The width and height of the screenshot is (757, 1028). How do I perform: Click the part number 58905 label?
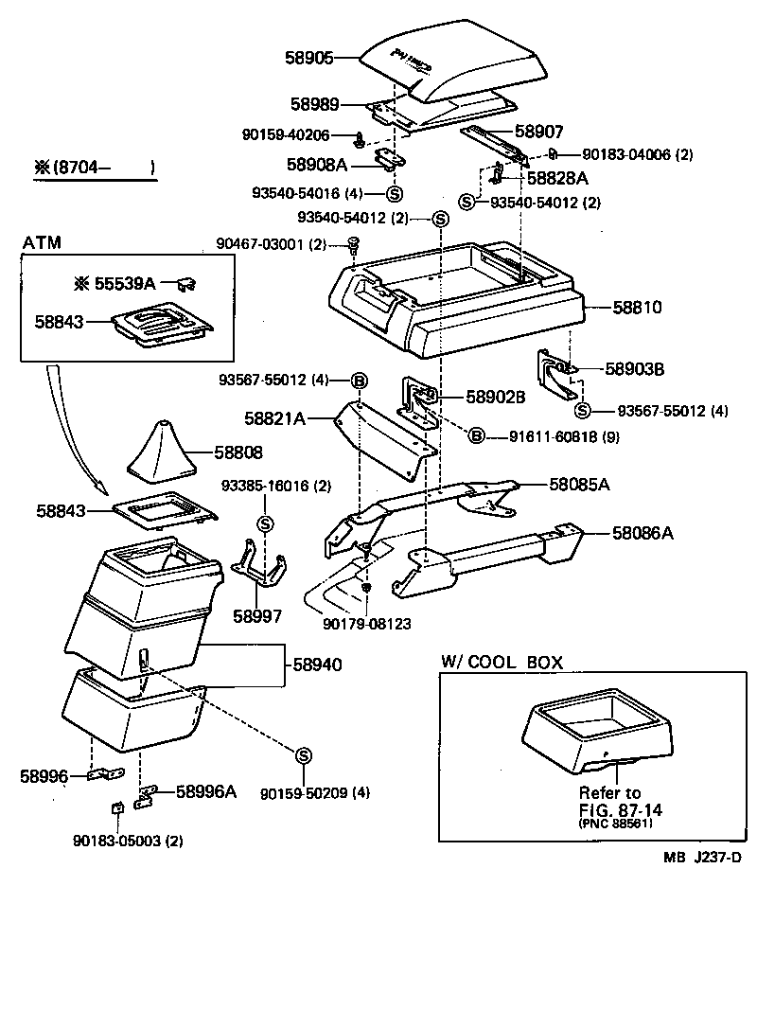point(309,58)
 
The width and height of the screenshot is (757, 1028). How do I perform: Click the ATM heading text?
point(41,243)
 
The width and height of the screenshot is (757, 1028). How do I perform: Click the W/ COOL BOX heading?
point(502,663)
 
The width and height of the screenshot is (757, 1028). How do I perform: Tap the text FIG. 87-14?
point(609,808)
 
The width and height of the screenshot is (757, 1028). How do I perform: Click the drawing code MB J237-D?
point(701,858)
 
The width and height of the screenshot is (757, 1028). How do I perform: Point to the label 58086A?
point(642,534)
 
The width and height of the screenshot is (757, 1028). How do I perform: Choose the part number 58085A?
point(579,485)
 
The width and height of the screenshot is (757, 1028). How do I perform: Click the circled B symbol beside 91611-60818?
point(476,435)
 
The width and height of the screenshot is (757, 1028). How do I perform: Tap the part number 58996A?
point(205,790)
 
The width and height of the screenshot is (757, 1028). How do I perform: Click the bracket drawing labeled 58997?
point(258,568)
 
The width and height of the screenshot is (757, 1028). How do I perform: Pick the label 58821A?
point(274,417)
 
